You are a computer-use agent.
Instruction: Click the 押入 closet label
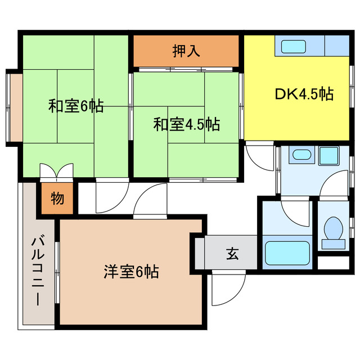coord(186,51)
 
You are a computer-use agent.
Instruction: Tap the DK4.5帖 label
coord(304,94)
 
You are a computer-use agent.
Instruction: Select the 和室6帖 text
coord(75,106)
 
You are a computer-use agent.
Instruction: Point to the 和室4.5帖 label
coord(186,124)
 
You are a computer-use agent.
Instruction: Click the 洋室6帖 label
coord(130,272)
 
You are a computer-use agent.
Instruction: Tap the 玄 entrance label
coord(232,254)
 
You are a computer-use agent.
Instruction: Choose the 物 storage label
coord(57,199)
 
